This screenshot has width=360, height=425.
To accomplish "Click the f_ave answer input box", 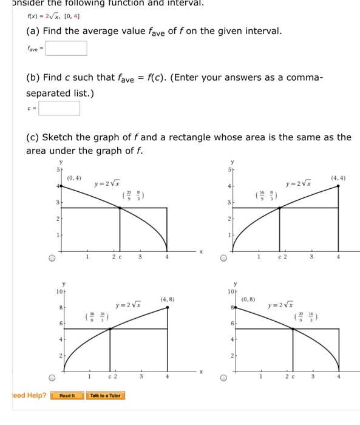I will tap(66, 48).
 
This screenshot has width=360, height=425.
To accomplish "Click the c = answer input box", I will tap(59, 109).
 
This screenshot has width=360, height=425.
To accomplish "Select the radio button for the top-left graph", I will tap(52, 257).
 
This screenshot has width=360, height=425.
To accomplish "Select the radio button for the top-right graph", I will tap(224, 257).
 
